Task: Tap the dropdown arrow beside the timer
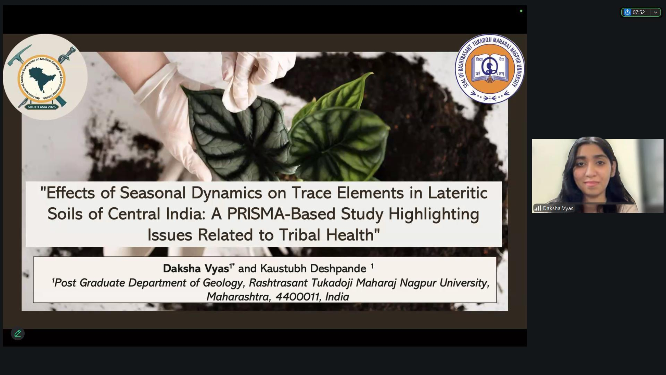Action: [655, 12]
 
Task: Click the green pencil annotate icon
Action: [18, 333]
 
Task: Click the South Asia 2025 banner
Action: [41, 107]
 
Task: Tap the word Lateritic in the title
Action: [458, 193]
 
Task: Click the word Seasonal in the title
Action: [153, 193]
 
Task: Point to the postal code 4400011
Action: [297, 297]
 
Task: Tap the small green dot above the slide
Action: [521, 11]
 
